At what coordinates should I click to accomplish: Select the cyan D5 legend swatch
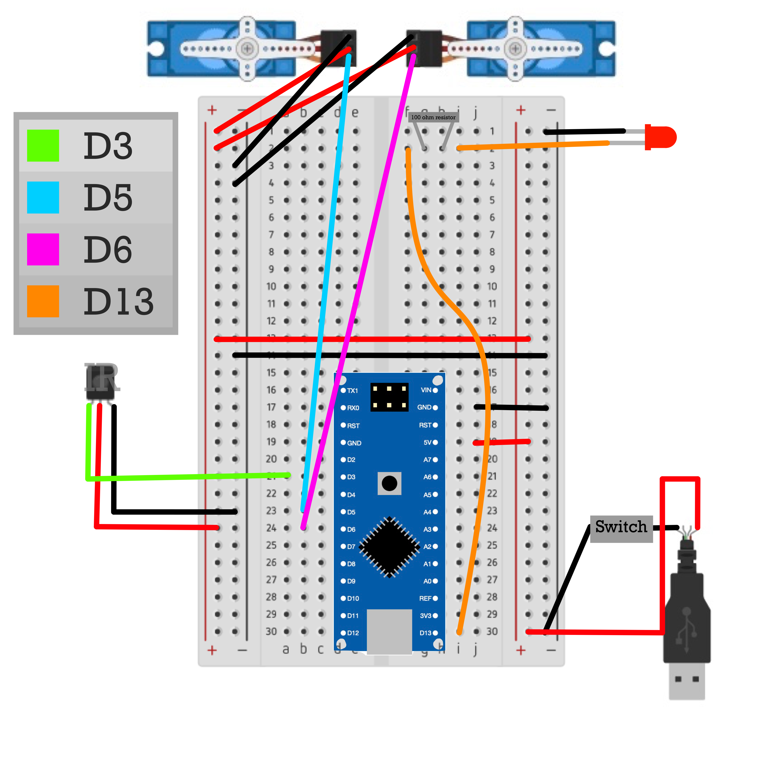(43, 197)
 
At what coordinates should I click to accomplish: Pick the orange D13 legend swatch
(43, 301)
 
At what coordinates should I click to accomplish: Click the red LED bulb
(662, 137)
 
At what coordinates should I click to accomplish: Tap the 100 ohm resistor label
(433, 117)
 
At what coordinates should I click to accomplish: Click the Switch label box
(621, 528)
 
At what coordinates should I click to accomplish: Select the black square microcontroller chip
(389, 547)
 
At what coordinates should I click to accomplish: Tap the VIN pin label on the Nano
(426, 390)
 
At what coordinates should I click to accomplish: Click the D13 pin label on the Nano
(425, 633)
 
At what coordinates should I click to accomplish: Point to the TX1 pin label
(352, 391)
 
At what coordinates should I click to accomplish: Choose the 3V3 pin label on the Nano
(426, 616)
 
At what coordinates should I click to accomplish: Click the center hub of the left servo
(248, 49)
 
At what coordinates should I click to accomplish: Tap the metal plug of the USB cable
(687, 680)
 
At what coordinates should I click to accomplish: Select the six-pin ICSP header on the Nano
(389, 397)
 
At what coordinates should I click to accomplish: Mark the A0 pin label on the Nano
(427, 581)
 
